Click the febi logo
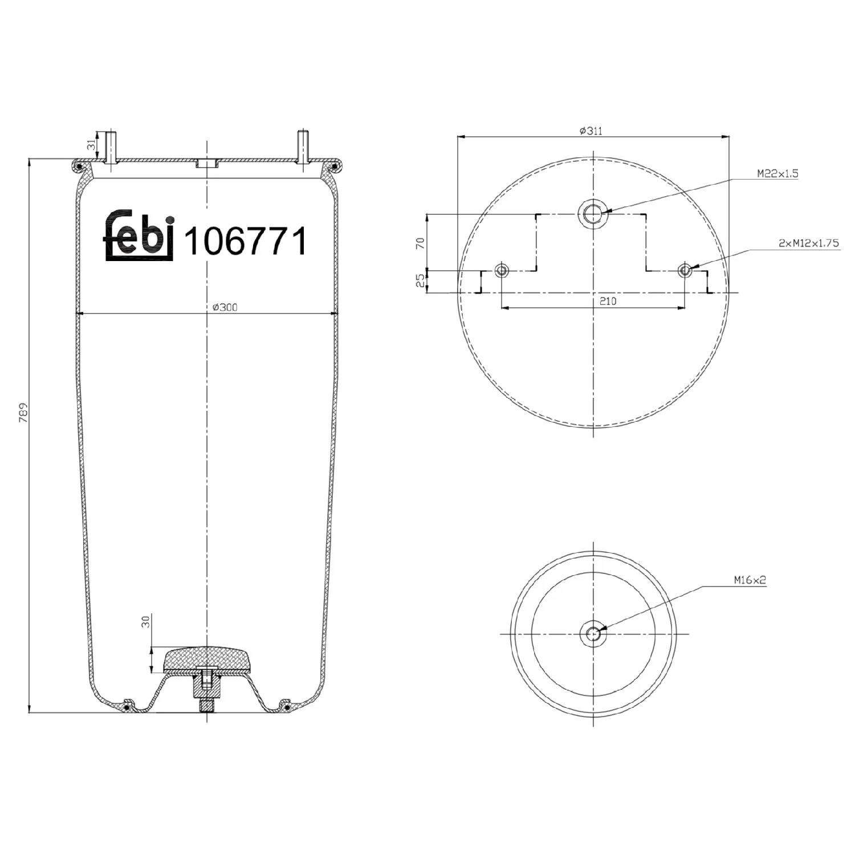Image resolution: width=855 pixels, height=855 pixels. (x=139, y=236)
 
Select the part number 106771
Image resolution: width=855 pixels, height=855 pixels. (x=246, y=241)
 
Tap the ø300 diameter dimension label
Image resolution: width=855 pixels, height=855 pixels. (x=225, y=307)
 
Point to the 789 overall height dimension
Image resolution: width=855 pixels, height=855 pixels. (x=23, y=413)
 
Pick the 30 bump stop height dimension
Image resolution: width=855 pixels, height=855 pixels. (x=146, y=621)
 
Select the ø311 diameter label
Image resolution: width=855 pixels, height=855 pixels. (x=591, y=131)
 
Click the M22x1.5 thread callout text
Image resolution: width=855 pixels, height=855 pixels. (x=777, y=173)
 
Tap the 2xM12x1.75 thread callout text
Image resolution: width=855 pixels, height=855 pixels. (x=808, y=243)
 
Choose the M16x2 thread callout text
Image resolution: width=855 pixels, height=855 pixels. (x=750, y=580)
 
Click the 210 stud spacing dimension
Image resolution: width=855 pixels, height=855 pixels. (x=608, y=301)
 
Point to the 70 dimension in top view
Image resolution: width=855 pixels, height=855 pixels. (x=421, y=243)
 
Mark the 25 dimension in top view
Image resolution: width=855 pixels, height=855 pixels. (x=421, y=281)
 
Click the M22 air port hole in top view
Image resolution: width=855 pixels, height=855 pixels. (x=593, y=214)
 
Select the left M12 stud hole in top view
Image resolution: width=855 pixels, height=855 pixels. (x=502, y=270)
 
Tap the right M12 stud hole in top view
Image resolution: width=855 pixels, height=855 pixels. (x=685, y=270)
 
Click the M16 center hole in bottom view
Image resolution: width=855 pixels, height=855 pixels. (x=593, y=633)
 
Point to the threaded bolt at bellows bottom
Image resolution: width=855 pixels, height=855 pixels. (x=206, y=705)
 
